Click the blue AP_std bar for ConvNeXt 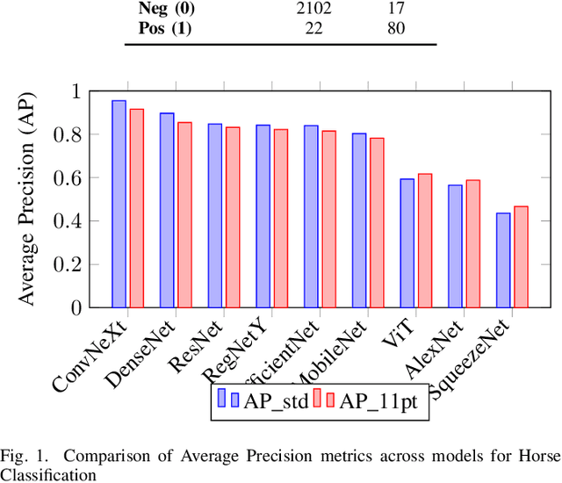(119, 204)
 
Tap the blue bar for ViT (407, 243)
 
